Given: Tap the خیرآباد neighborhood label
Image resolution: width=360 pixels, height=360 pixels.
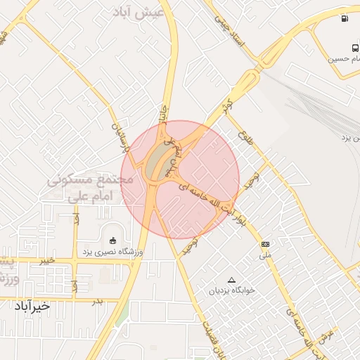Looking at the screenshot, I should (x=32, y=306).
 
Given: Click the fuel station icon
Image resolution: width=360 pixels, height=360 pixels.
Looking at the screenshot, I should (x=345, y=19).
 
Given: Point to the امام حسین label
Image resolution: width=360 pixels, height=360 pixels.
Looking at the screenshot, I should (x=344, y=60).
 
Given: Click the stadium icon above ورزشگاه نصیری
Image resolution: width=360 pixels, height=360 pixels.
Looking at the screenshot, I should (x=112, y=240).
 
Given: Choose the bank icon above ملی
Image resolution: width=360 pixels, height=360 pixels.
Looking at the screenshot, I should (x=265, y=244).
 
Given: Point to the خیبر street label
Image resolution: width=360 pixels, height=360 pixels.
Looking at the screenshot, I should (x=46, y=260).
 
